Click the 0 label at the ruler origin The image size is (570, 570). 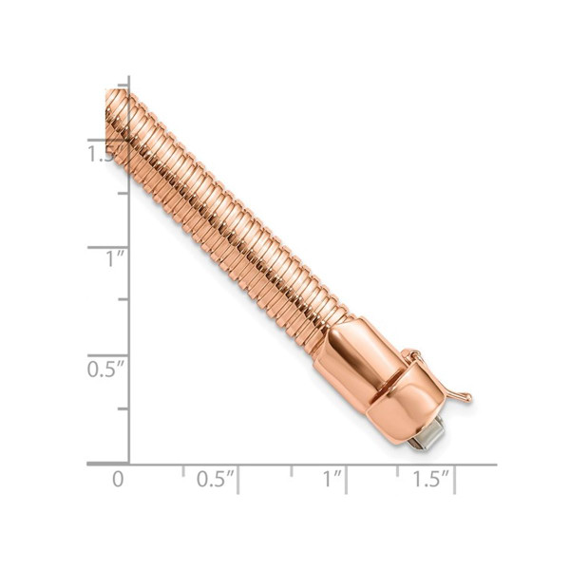point(118,479)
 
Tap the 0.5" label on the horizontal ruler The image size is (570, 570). point(216,480)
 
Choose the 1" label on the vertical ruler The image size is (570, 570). point(115,258)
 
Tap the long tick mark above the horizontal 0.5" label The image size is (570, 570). point(237,478)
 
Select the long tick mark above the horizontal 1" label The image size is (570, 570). point(346,478)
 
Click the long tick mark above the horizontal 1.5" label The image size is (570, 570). point(454,478)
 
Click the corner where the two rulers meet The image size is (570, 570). point(129,465)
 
